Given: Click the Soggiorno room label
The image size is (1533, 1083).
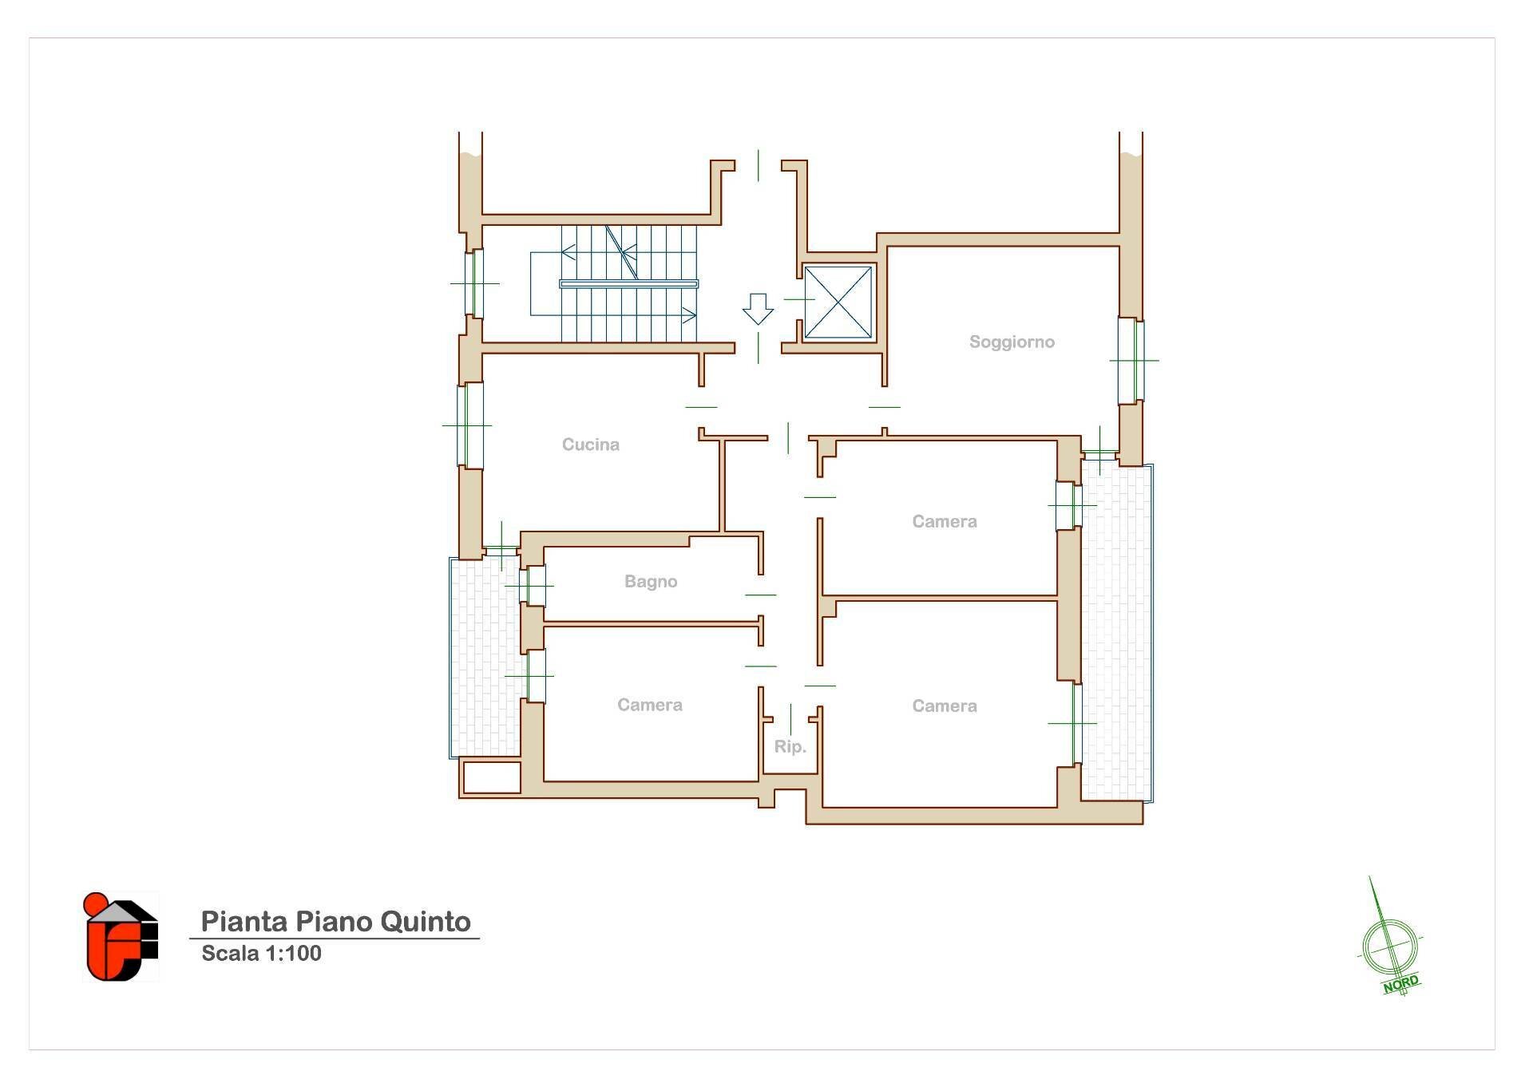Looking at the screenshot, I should pos(1012,342).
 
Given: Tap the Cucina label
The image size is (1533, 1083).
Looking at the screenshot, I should pos(590,445).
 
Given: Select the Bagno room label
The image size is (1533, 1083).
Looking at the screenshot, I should pos(651,582).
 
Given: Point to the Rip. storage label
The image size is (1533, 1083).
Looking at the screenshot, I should pos(790,747).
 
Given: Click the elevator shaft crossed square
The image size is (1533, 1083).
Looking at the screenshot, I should pos(838,302).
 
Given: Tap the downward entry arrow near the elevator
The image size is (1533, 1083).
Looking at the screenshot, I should pos(758,309).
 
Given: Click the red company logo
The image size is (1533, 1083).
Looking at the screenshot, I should pos(121,936).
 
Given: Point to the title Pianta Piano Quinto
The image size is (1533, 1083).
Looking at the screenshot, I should pos(335,921).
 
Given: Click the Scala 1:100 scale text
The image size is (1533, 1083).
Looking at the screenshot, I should pos(261,953).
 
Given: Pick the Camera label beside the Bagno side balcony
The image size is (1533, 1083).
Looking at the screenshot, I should pos(650,705).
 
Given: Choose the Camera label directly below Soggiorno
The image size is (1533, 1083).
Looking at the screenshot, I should pos(945,522).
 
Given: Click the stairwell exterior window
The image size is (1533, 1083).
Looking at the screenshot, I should pos(474,283).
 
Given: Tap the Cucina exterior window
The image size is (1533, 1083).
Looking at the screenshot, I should pos(469,425).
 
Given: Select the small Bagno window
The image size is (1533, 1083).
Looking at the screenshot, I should pos(534,586).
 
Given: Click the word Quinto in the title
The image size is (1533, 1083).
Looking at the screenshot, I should pos(425,921).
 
